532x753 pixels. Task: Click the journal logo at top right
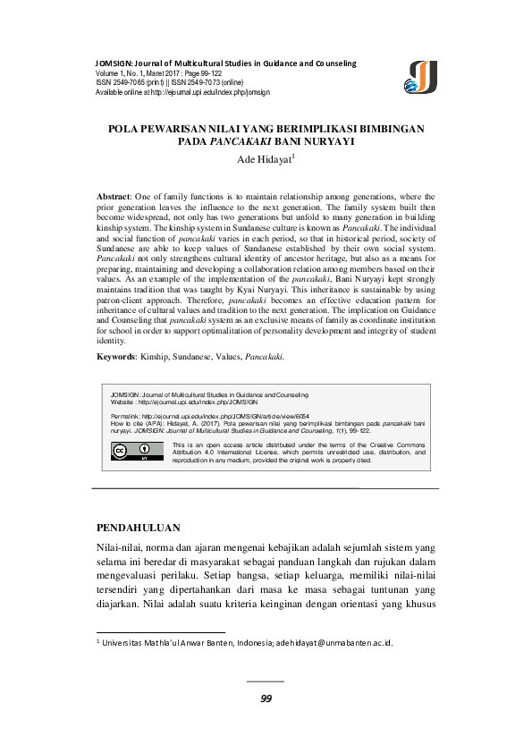click(x=421, y=77)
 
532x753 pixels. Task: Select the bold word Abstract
click(x=114, y=195)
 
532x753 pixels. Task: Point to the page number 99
click(x=266, y=698)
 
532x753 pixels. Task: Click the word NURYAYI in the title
click(x=327, y=142)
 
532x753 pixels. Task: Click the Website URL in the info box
click(x=197, y=401)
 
